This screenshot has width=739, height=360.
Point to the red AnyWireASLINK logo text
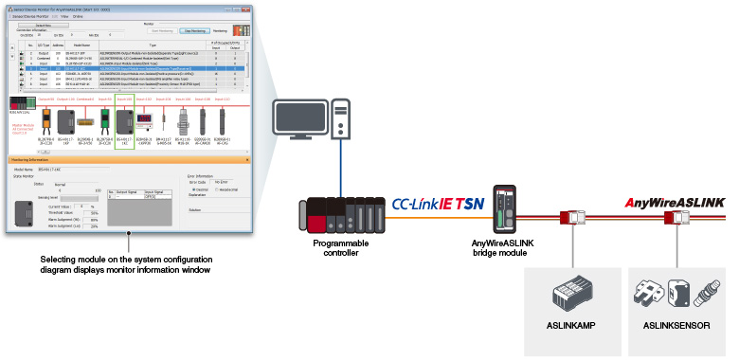coord(674,202)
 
